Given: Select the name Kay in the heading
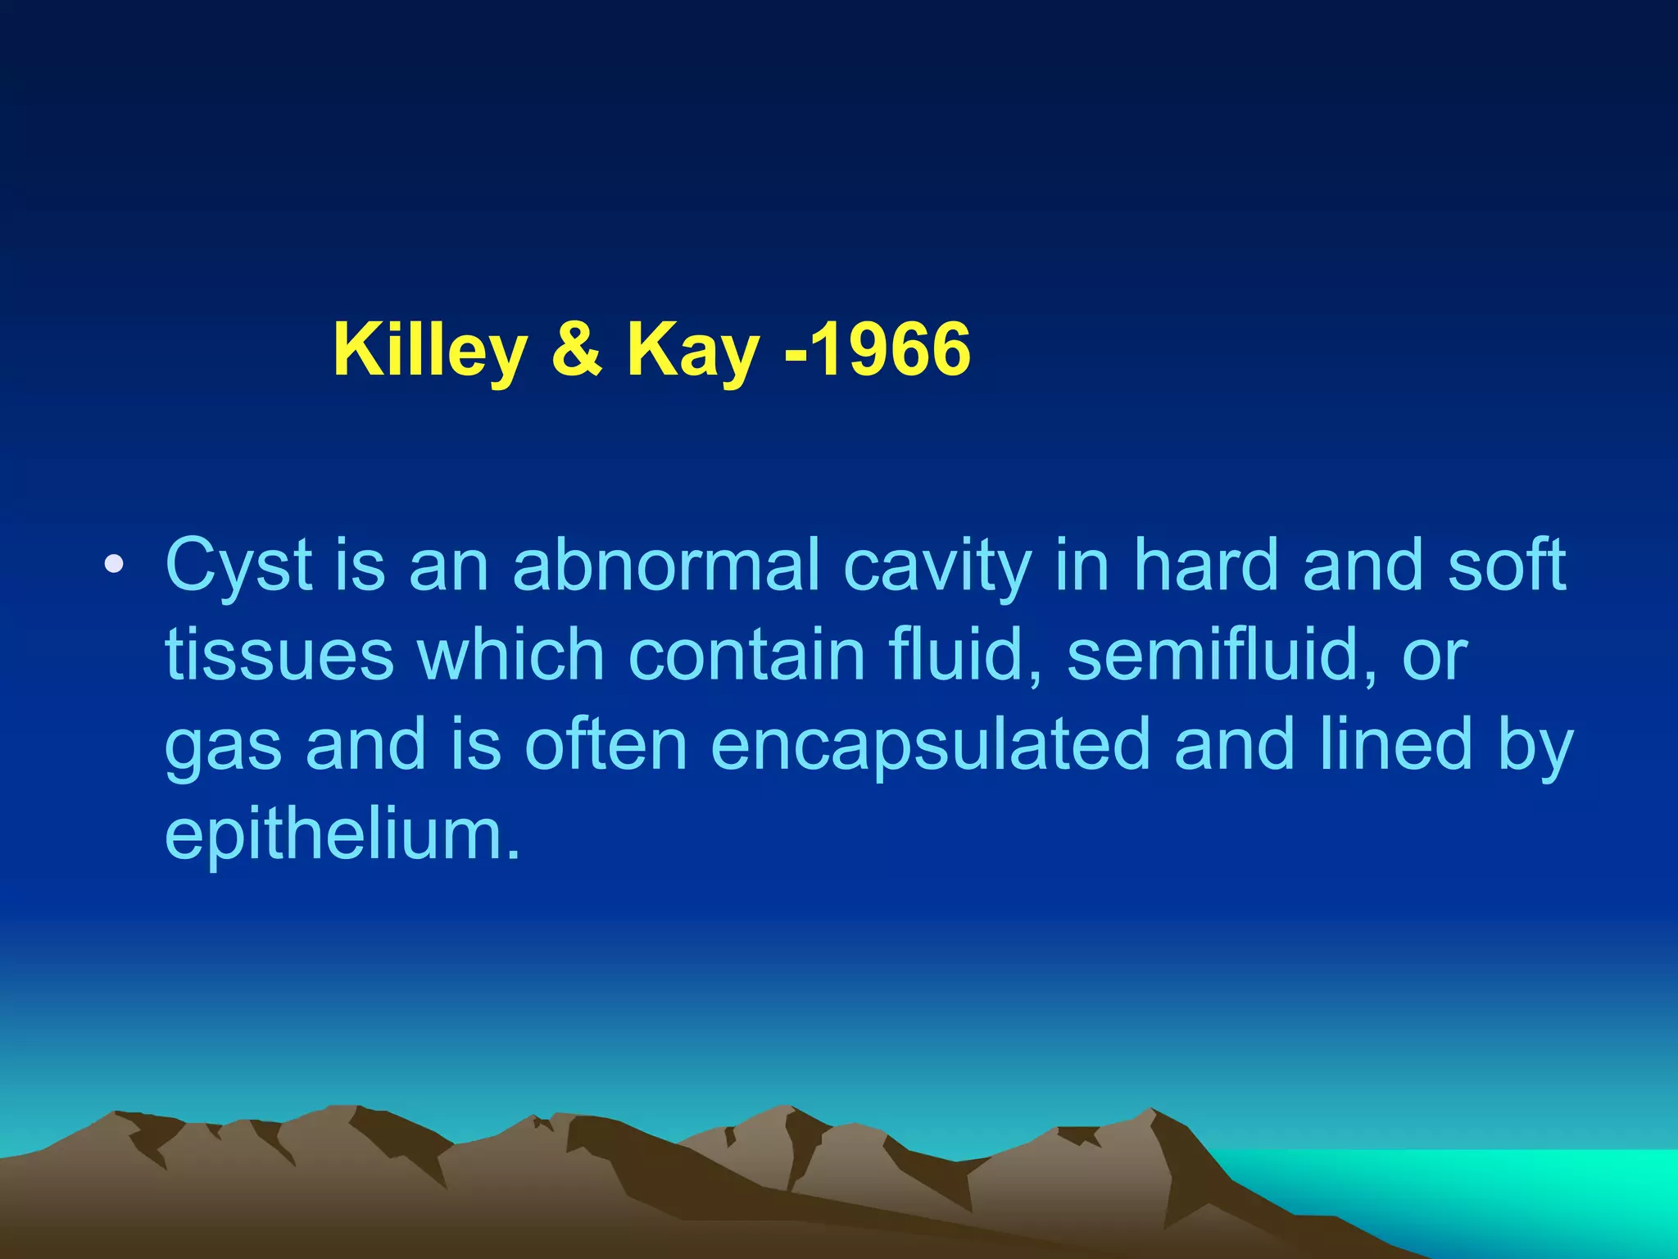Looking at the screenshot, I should (693, 351).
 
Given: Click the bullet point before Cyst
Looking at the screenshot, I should (114, 565).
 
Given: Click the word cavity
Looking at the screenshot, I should (937, 566).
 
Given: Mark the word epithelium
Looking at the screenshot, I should (342, 834).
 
